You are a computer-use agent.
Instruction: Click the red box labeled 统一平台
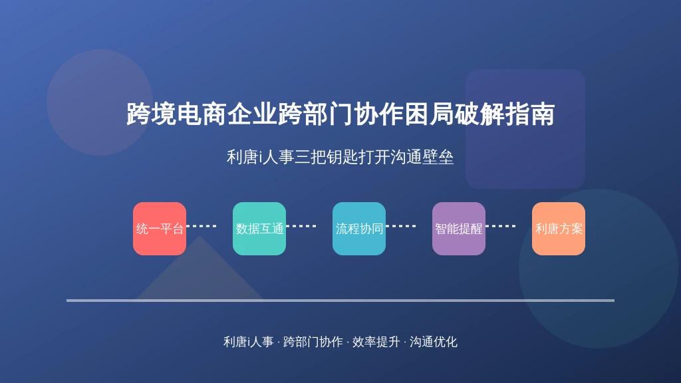(x=160, y=229)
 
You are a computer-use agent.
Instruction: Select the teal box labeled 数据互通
(x=259, y=229)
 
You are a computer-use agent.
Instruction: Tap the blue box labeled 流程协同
(x=358, y=229)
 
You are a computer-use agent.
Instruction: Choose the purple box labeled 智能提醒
(x=459, y=229)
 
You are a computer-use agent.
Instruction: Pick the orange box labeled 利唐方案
(x=559, y=229)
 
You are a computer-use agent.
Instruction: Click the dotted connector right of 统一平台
(x=202, y=226)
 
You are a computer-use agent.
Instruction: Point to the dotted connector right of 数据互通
(x=301, y=226)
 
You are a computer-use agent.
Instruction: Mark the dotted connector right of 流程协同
(x=401, y=226)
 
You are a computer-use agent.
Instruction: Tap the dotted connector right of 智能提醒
(x=501, y=226)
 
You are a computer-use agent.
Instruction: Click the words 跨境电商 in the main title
(x=176, y=114)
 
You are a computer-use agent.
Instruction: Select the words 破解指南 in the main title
(x=505, y=114)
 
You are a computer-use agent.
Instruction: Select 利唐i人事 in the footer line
(x=249, y=342)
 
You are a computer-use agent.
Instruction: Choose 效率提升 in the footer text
(x=376, y=342)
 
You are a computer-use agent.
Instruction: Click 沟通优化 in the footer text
(x=434, y=342)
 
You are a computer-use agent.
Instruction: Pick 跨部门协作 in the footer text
(x=313, y=342)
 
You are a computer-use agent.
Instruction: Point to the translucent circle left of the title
(x=100, y=102)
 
